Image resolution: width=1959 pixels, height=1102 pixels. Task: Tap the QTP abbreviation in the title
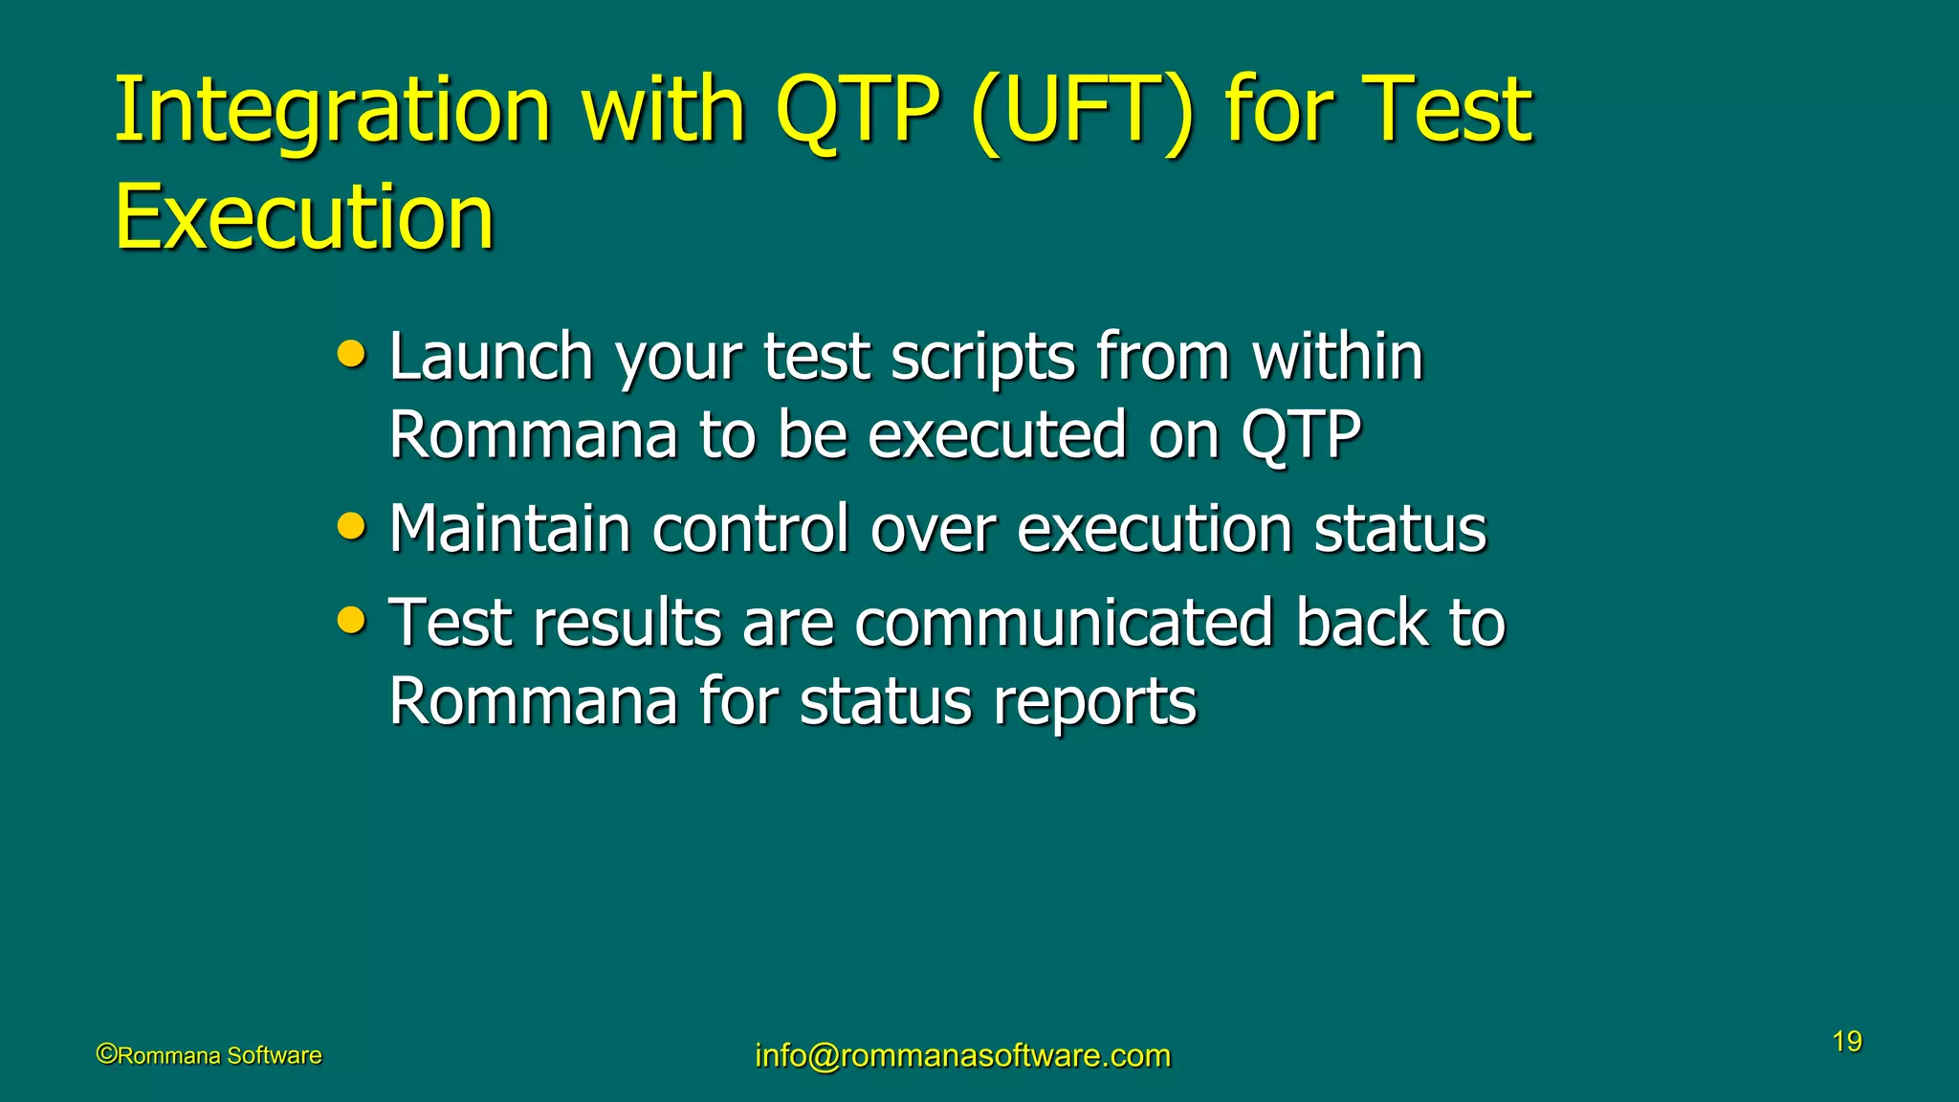[857, 113]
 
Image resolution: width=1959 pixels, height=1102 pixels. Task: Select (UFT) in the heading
[1082, 113]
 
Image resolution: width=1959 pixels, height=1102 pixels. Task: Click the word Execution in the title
[303, 218]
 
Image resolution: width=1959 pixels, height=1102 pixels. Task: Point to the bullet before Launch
[352, 356]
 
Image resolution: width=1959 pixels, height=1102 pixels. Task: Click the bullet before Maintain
[352, 526]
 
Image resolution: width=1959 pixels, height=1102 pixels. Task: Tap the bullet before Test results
[352, 621]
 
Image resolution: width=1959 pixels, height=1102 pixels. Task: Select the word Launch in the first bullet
[492, 358]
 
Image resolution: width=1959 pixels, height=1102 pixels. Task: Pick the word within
[1338, 356]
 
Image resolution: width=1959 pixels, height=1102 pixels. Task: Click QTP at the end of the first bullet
[1302, 436]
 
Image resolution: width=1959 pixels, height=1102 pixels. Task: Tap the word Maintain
[509, 528]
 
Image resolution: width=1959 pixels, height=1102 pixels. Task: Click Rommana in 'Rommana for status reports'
[533, 701]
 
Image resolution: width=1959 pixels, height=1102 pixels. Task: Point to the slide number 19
[1847, 1042]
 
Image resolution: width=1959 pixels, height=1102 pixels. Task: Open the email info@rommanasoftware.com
[962, 1055]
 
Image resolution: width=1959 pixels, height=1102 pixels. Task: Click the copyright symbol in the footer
[106, 1054]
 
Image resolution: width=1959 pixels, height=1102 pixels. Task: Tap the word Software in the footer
[275, 1055]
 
